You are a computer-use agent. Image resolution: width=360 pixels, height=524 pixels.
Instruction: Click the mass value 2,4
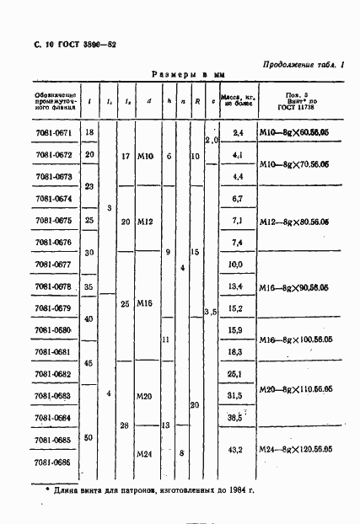click(x=237, y=134)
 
